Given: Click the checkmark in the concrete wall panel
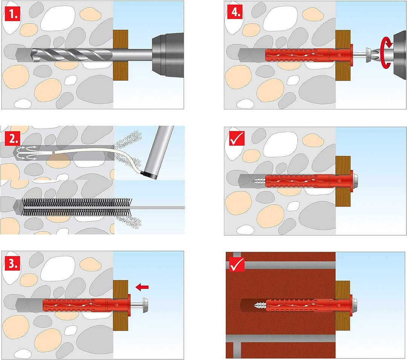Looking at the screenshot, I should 236,138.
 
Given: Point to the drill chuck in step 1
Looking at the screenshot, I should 167,53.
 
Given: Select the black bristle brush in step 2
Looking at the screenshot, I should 75,207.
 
